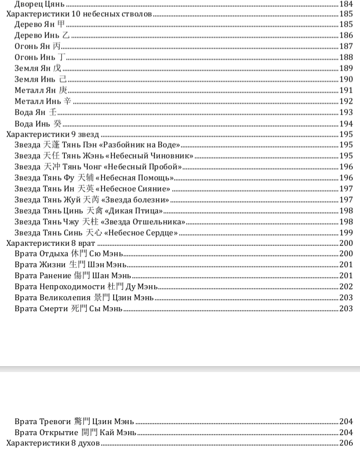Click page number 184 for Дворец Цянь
pos(346,4)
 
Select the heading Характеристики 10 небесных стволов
pos(78,14)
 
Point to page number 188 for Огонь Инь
pos(346,57)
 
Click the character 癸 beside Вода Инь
pos(57,124)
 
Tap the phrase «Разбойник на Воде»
pos(145,145)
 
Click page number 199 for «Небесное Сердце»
pos(346,233)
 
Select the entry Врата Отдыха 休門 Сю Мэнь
pos(69,254)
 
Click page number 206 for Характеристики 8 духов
pos(346,443)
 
